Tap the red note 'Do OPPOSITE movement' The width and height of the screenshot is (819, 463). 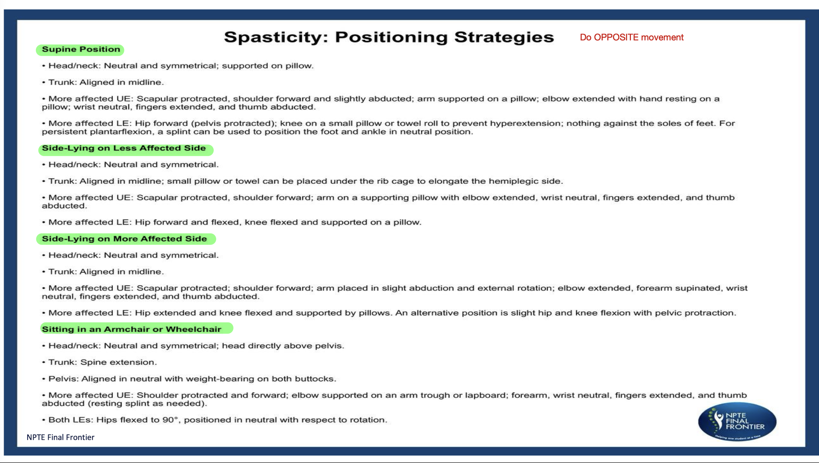coord(631,38)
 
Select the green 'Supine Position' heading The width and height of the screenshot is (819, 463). coord(81,49)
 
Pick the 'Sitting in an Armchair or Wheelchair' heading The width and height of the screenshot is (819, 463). coord(132,329)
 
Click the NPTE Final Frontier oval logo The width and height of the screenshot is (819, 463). coord(737,421)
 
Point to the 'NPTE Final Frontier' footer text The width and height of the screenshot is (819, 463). coord(60,437)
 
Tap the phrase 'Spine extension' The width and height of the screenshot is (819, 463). coord(118,362)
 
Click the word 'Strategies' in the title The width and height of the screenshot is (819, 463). coord(504,37)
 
